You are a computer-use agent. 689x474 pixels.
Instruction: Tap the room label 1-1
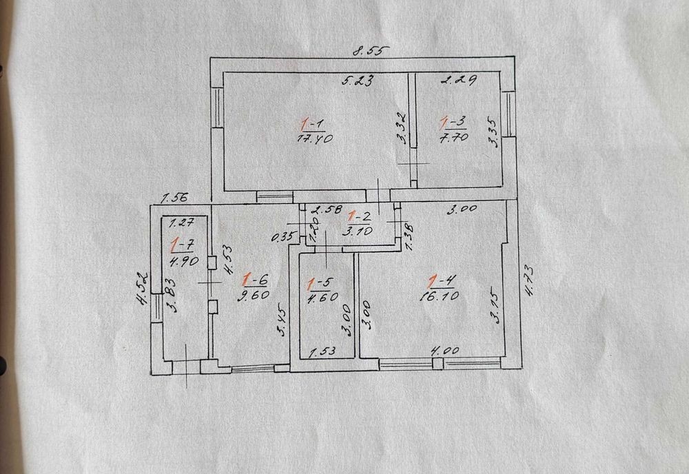point(313,125)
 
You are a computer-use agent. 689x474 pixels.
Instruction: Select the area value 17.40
point(315,138)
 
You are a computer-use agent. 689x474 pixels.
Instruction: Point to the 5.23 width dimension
point(358,81)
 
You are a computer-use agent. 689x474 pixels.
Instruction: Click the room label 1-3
point(453,123)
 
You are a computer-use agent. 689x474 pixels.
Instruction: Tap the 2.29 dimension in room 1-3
point(459,80)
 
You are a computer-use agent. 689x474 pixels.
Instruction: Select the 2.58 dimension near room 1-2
point(326,209)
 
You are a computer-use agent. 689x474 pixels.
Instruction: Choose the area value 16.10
point(439,296)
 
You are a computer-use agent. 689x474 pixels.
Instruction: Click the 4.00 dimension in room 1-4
point(444,351)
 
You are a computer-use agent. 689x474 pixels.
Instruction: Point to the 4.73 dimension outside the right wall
point(527,280)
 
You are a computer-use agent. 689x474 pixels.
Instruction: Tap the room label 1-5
point(320,283)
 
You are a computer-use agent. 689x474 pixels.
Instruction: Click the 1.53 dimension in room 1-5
point(323,351)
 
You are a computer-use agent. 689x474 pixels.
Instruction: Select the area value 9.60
point(253,295)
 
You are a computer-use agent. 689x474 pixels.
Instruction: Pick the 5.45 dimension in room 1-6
point(282,321)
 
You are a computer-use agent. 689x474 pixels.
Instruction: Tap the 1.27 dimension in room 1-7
point(181,223)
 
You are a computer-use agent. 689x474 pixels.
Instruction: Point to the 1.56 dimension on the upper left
point(174,198)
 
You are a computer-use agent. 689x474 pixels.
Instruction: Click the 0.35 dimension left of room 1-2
point(282,237)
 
